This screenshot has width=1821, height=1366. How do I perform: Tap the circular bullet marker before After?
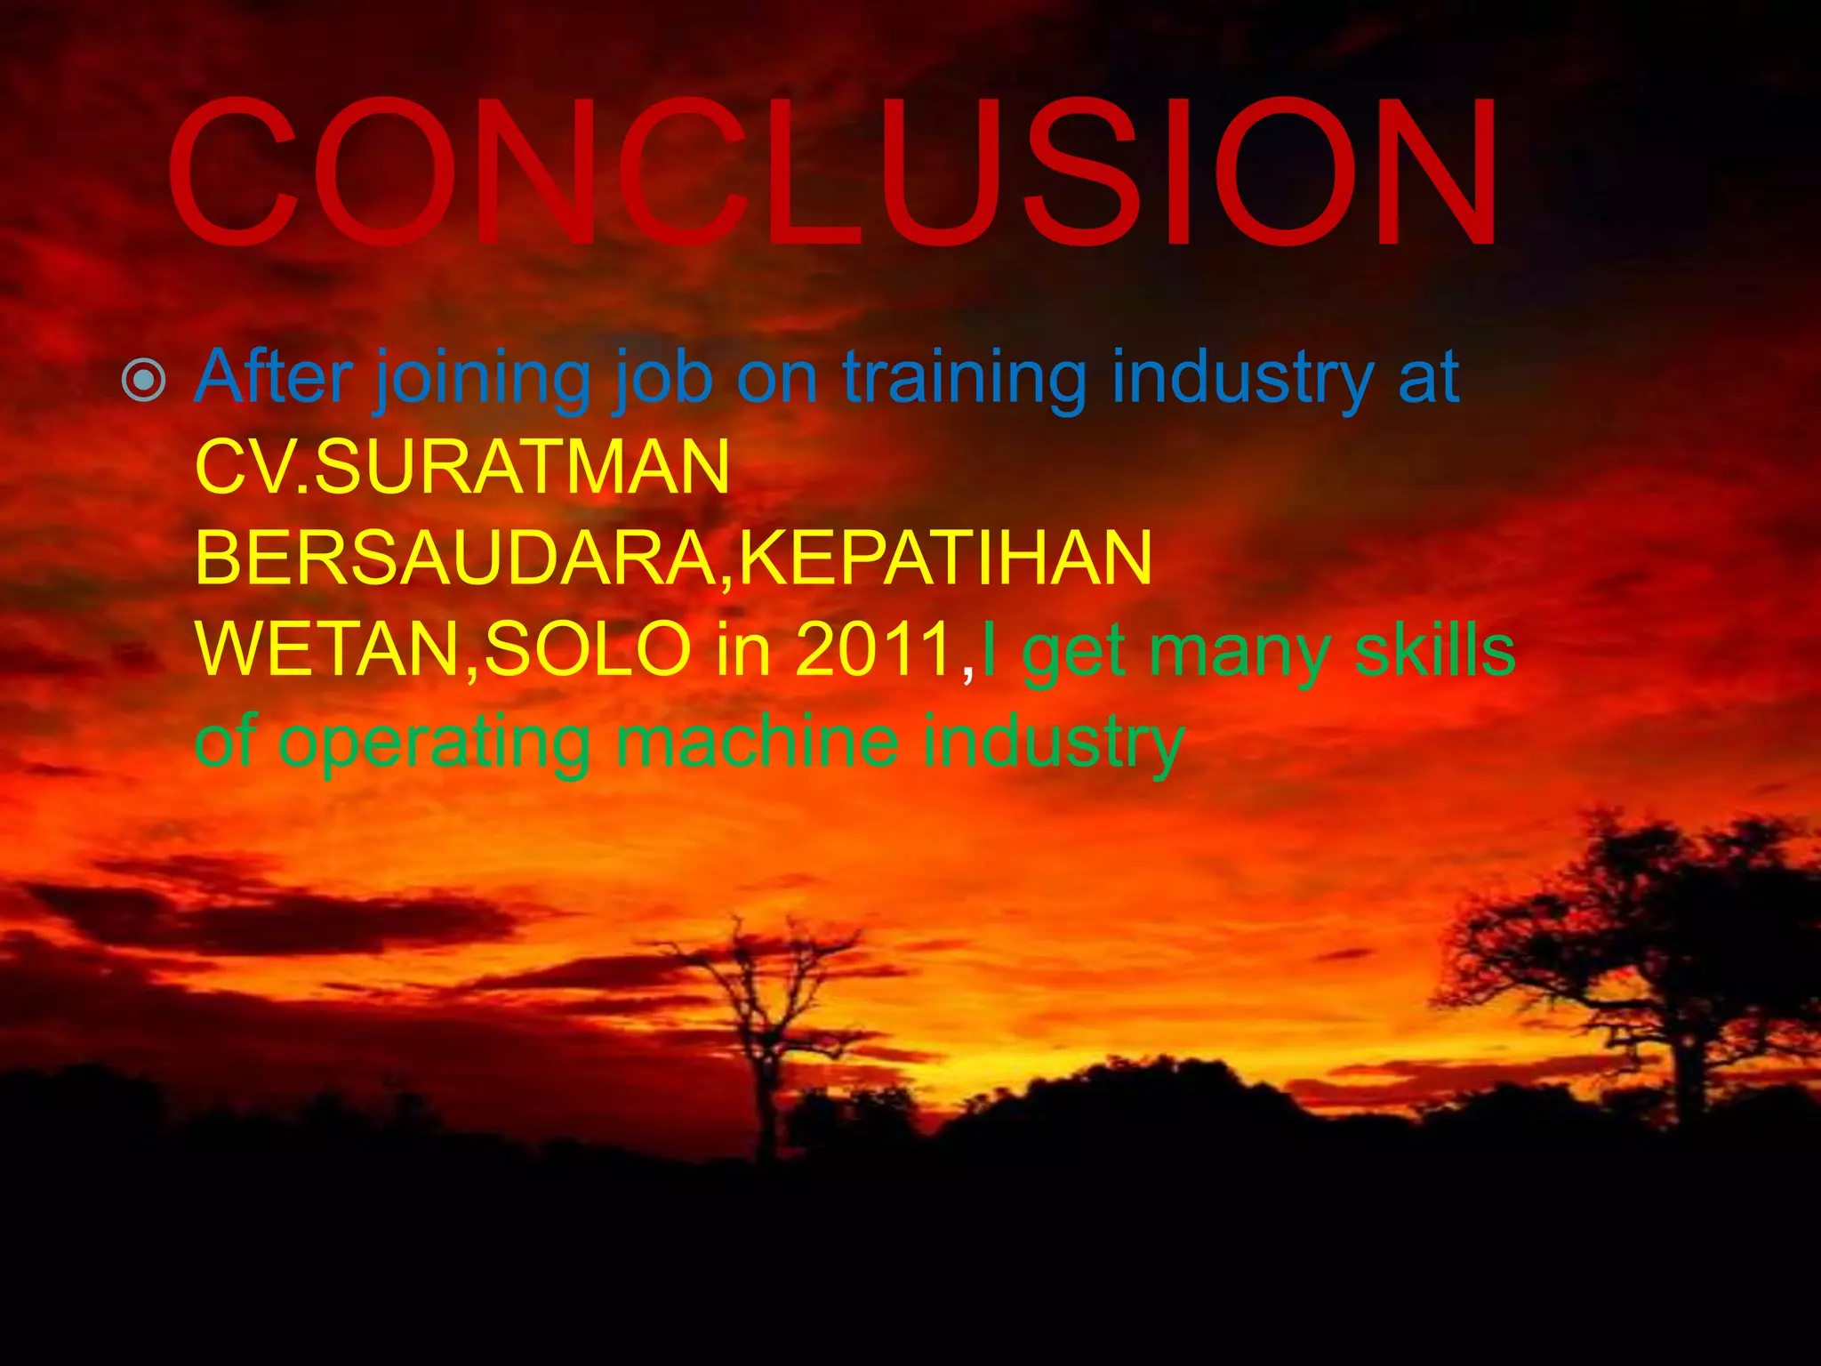(x=143, y=381)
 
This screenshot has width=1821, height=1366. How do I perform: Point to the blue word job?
(x=663, y=379)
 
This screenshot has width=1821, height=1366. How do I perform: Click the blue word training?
(x=964, y=379)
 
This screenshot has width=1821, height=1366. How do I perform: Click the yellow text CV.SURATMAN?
(x=462, y=468)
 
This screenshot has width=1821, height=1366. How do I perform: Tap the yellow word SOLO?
(x=588, y=649)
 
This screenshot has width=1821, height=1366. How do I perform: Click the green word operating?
(x=434, y=743)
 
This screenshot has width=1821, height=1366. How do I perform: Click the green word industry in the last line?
(x=1053, y=743)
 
